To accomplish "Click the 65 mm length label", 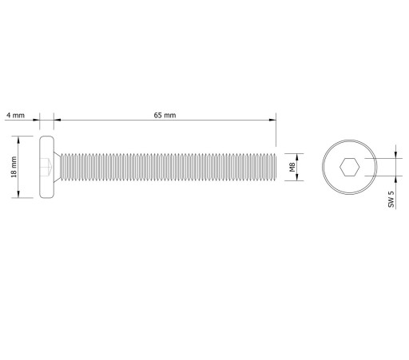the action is click(165, 115).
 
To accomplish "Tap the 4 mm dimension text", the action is click(15, 115).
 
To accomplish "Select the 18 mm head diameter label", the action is click(14, 167).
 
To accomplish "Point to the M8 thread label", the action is click(292, 167).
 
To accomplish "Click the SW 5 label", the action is click(391, 199).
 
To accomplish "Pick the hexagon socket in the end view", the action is click(349, 167).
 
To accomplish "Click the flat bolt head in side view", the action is click(47, 167).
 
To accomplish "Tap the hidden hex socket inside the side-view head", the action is click(46, 167).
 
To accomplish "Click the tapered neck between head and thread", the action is click(58, 167).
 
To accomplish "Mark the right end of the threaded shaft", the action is click(276, 167).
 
